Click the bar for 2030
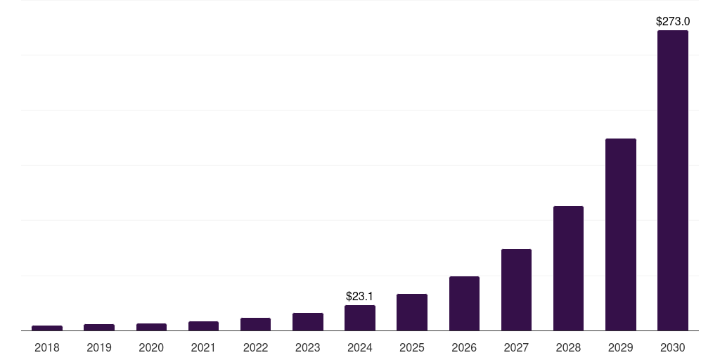click(672, 180)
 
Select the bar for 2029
click(620, 234)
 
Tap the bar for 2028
click(568, 268)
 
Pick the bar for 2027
click(516, 290)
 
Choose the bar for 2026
click(464, 303)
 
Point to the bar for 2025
click(412, 312)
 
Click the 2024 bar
click(360, 318)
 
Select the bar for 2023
click(308, 321)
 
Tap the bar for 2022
click(255, 324)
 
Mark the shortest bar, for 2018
click(47, 328)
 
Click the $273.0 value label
click(672, 22)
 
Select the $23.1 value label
click(359, 297)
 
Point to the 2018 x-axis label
click(47, 347)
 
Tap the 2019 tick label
click(99, 347)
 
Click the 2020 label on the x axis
click(151, 347)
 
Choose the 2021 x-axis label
click(203, 347)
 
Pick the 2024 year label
click(360, 347)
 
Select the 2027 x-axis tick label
click(516, 347)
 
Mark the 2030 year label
click(672, 347)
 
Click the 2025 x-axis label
click(412, 347)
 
